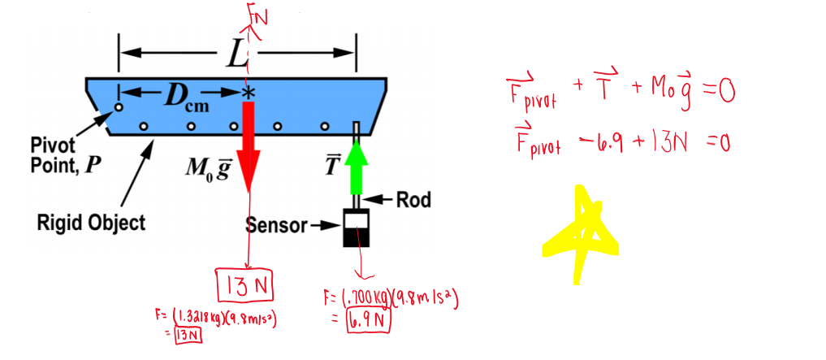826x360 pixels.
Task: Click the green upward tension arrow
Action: (355, 165)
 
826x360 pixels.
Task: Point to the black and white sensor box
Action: (355, 228)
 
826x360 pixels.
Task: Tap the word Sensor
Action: (275, 225)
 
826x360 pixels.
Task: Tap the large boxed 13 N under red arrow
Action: (246, 286)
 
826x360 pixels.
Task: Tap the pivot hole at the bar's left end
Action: (119, 106)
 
